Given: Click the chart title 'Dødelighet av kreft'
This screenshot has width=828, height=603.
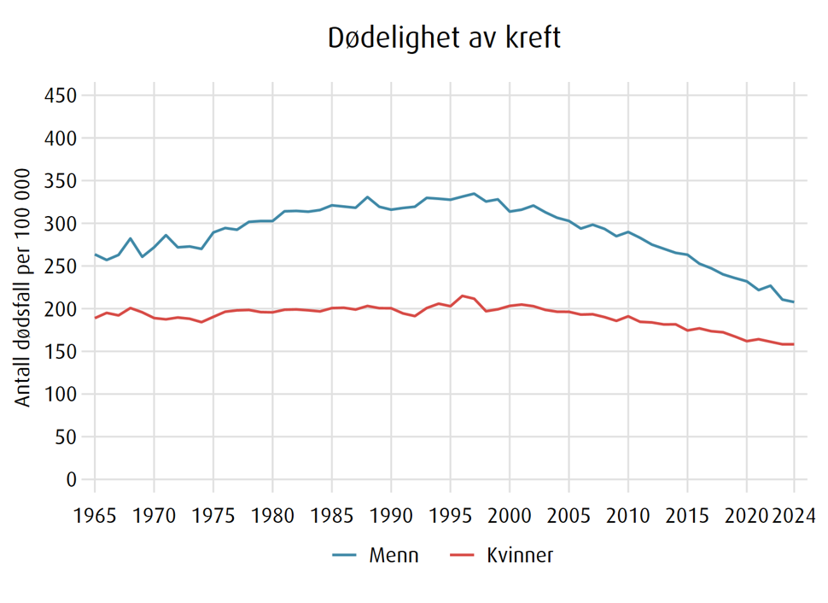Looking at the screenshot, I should [x=444, y=39].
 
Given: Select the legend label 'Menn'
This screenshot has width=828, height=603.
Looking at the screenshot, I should [x=394, y=556].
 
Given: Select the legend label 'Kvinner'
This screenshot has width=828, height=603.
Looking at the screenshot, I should [x=520, y=556].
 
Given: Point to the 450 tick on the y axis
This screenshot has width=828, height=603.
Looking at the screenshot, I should [x=61, y=95].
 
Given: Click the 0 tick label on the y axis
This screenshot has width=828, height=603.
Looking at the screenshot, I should [x=73, y=480].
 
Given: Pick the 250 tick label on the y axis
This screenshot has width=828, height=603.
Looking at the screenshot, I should [x=61, y=266].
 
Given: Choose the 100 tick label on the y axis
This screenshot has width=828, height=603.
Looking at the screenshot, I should [x=61, y=395].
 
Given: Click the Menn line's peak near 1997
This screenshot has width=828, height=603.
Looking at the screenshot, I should [x=474, y=194].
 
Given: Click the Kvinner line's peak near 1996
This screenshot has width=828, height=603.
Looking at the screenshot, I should [x=462, y=296].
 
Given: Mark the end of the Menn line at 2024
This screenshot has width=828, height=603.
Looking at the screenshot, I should [x=794, y=302].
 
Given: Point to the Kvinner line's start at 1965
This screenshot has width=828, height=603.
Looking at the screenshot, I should [x=95, y=318].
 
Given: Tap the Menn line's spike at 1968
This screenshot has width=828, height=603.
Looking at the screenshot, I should [x=131, y=238].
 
